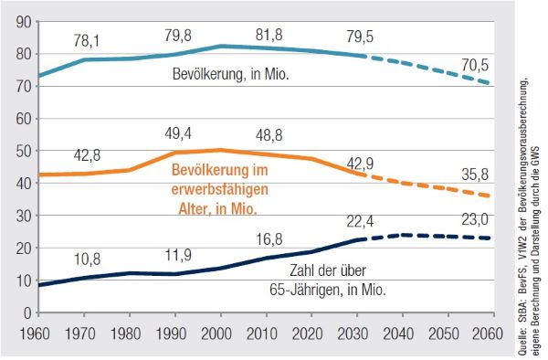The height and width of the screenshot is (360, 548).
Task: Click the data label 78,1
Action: point(87,41)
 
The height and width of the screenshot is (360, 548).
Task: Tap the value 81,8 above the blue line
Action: point(269,35)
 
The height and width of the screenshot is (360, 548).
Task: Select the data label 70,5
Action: point(475,66)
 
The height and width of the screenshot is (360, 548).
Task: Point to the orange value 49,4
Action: point(178,133)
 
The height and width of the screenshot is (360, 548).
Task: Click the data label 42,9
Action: point(360,164)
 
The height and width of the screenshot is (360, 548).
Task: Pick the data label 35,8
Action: point(475,175)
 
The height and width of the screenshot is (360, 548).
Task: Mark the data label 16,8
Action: point(269,239)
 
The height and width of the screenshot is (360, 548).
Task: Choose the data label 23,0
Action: point(475,220)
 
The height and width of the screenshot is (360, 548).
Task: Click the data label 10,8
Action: point(87,259)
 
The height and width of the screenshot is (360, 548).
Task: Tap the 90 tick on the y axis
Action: point(24,23)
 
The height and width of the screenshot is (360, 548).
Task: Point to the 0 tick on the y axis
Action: point(27,313)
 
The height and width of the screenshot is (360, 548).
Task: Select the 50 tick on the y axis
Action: point(24,151)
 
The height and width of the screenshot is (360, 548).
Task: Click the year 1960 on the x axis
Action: point(35,334)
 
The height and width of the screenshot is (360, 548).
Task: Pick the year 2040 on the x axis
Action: point(398,334)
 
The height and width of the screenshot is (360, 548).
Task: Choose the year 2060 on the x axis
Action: point(488,334)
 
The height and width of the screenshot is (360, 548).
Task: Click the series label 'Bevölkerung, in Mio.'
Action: point(231,74)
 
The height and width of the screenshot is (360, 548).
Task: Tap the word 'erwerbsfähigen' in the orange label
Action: point(220,190)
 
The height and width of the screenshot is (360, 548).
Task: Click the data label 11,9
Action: point(178,255)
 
